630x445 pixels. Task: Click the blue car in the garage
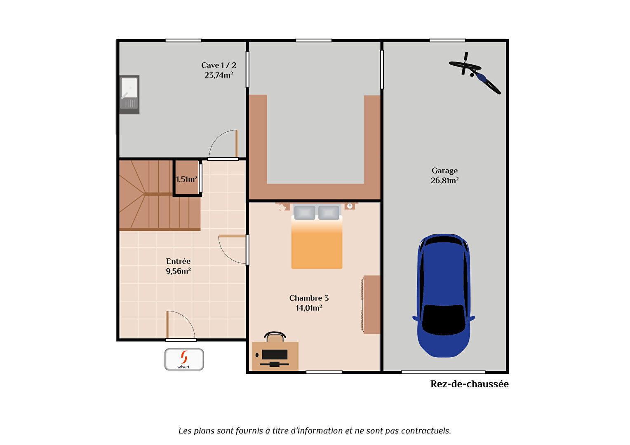[444, 296]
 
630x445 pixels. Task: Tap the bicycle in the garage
[475, 73]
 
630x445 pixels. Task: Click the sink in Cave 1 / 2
[129, 94]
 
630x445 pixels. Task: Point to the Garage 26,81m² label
[444, 176]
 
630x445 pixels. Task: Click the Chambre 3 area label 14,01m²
[309, 308]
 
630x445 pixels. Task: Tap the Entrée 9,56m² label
[178, 266]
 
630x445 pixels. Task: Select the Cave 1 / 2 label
[219, 65]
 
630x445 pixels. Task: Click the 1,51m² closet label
[186, 179]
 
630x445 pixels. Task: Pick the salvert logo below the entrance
[184, 359]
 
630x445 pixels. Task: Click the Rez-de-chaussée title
[469, 384]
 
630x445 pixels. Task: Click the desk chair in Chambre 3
[275, 337]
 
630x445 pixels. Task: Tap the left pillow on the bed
[304, 213]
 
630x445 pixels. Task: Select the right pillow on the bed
[329, 213]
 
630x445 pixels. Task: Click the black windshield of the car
[444, 320]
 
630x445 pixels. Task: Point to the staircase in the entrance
[160, 195]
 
